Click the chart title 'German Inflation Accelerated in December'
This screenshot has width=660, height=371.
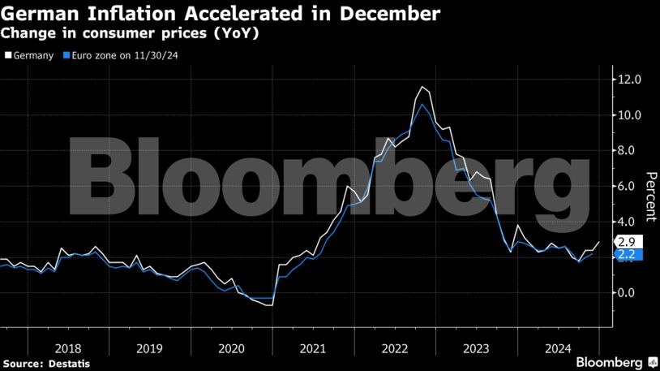click(221, 13)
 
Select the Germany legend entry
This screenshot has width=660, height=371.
click(29, 56)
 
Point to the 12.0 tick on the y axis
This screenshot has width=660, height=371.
click(630, 80)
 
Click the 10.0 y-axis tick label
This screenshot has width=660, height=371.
click(630, 115)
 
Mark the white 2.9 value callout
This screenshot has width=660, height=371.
click(628, 242)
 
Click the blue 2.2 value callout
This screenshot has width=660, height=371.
click(628, 254)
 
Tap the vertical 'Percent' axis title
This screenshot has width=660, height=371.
click(649, 196)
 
